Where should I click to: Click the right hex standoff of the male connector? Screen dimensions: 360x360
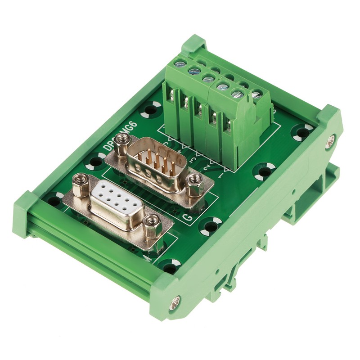coord(194,182)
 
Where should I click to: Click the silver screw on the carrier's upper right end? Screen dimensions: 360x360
coord(331,140)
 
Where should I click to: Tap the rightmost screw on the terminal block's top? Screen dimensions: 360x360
coord(256,95)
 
